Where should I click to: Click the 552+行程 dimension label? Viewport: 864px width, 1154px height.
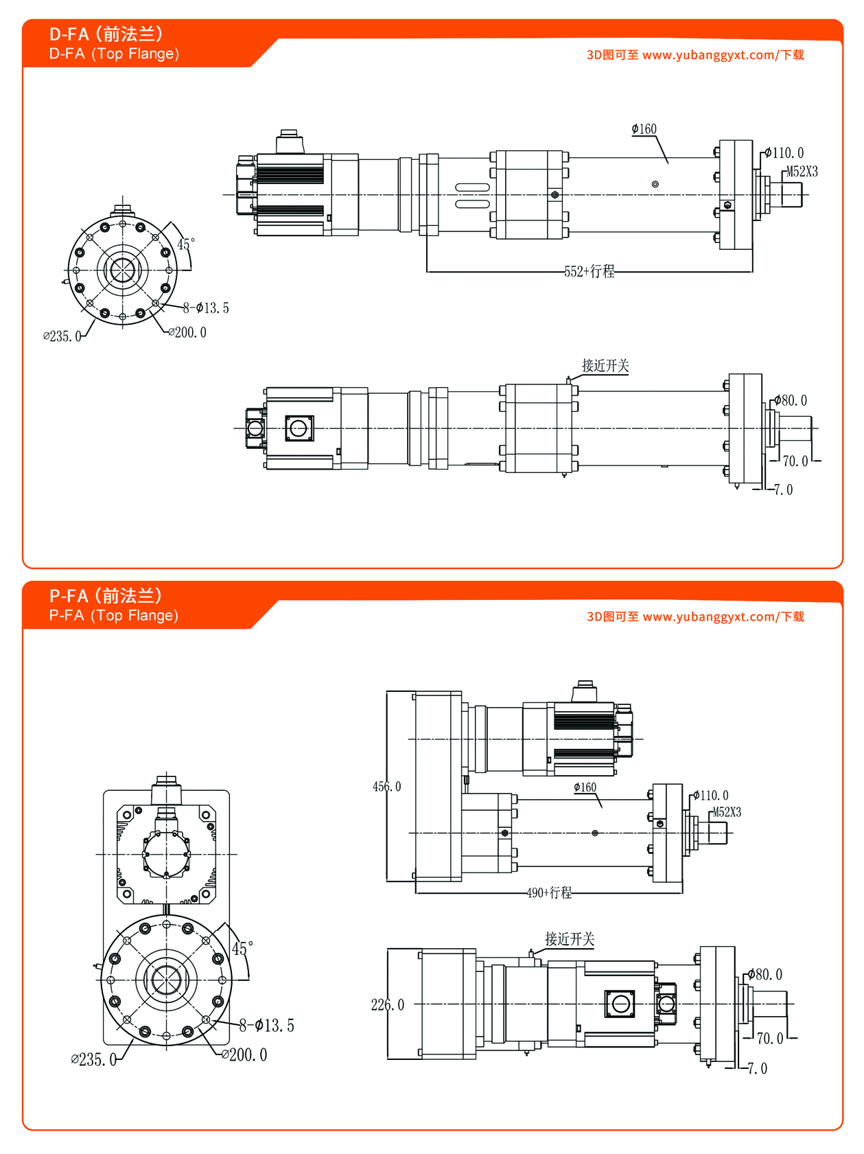click(x=589, y=271)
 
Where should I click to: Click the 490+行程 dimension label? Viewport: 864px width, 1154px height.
click(x=549, y=892)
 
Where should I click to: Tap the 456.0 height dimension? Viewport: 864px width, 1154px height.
click(x=386, y=787)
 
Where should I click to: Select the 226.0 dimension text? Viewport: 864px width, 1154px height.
click(x=387, y=1005)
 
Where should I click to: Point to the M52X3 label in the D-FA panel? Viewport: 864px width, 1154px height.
click(x=802, y=172)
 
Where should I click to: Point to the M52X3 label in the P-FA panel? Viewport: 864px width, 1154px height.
click(x=727, y=812)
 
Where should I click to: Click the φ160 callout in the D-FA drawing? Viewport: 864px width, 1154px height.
click(x=644, y=129)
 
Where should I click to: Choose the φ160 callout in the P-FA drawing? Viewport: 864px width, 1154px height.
click(x=585, y=787)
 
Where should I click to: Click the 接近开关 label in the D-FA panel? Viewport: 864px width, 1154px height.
click(x=605, y=365)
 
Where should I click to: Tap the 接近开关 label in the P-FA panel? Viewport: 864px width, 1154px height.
click(x=570, y=938)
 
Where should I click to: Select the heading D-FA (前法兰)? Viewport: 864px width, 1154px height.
click(x=106, y=34)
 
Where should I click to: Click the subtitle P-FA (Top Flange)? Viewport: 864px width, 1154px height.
click(x=114, y=615)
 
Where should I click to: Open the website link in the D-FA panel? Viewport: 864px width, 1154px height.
click(x=695, y=55)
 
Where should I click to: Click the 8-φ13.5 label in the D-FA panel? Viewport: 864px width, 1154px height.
click(x=206, y=308)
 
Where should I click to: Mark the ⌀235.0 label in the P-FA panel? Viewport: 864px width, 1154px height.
click(x=93, y=1059)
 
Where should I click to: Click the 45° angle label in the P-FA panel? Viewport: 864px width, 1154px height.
click(x=242, y=949)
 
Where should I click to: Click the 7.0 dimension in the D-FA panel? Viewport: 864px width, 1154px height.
click(x=783, y=489)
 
